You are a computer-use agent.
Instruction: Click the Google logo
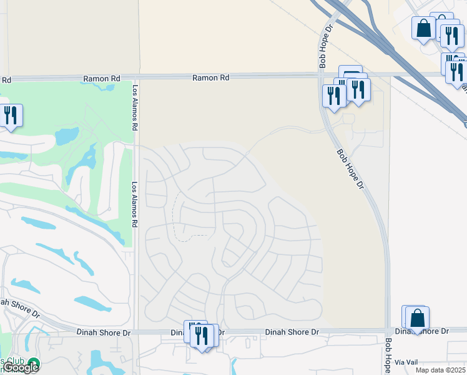21,367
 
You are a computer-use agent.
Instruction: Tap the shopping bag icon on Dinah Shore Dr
417,318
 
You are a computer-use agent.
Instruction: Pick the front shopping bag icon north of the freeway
424,28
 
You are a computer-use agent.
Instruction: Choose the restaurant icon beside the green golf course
11,116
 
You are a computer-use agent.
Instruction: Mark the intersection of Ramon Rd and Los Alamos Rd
135,78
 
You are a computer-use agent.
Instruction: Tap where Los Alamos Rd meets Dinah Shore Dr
135,332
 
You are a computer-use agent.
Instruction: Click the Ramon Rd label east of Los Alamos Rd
211,78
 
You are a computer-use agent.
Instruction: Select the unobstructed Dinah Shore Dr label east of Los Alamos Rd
292,332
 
